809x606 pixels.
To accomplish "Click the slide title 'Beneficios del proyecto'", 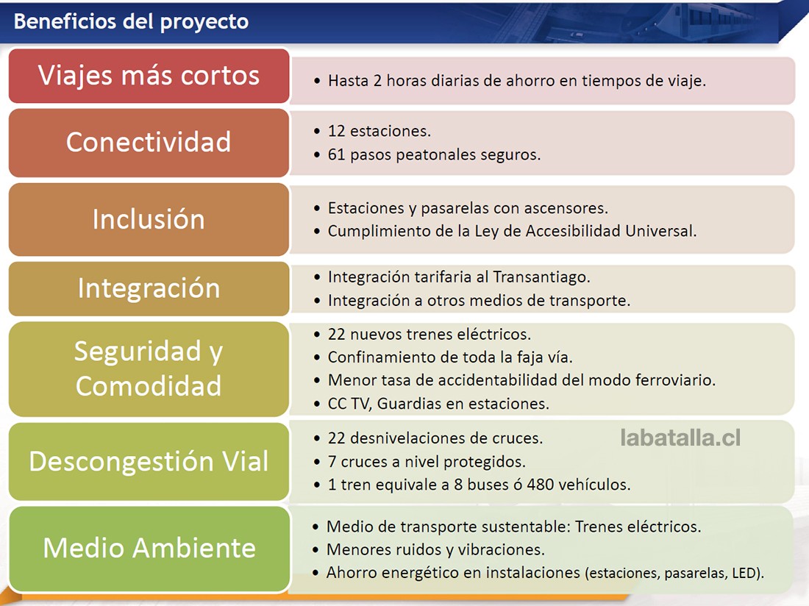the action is [x=131, y=21].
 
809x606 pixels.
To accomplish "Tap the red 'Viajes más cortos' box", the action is [x=149, y=76].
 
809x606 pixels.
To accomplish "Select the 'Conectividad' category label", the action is [x=149, y=142].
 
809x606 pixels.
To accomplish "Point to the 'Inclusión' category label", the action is [x=149, y=218].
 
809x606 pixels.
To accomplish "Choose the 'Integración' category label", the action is [x=149, y=288].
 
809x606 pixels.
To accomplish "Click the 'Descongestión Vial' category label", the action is [x=149, y=461].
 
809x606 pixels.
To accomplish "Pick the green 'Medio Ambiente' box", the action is [x=149, y=549].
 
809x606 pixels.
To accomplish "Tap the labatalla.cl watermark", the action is [x=680, y=438].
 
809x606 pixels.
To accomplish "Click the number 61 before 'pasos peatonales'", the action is [x=336, y=154].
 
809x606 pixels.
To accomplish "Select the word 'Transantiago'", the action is [x=541, y=277].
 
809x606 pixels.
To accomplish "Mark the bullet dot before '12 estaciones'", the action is [x=317, y=132].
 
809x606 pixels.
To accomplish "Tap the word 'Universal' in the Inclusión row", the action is [x=660, y=230].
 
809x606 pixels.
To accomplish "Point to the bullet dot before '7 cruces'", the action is [x=317, y=462].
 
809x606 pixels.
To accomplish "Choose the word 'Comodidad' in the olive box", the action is [x=149, y=386].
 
